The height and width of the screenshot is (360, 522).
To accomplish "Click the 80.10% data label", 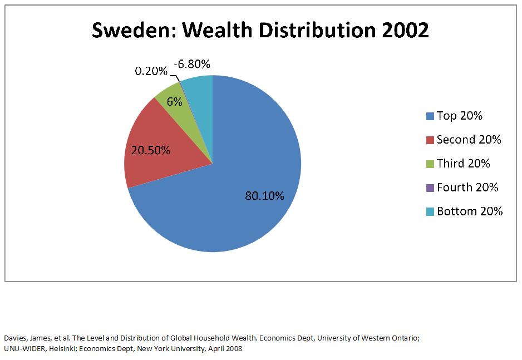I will point(264,196).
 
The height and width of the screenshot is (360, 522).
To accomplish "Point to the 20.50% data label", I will point(150,150).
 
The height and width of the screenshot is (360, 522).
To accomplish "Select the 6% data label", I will point(174,102).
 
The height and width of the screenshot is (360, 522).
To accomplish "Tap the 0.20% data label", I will point(151,71).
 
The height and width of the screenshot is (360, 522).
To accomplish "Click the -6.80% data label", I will point(191,65).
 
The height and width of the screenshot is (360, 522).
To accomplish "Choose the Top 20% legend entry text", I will point(459,116).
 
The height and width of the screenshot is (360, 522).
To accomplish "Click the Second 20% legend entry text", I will point(469,140).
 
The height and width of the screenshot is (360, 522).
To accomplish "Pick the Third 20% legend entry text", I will point(463,164).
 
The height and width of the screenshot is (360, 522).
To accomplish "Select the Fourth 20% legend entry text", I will point(467,188).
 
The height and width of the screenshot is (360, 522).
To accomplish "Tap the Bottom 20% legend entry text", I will point(469,211).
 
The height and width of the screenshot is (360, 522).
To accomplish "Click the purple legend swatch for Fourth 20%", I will point(430,188).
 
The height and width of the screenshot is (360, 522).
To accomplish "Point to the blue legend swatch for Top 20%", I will point(430,116).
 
